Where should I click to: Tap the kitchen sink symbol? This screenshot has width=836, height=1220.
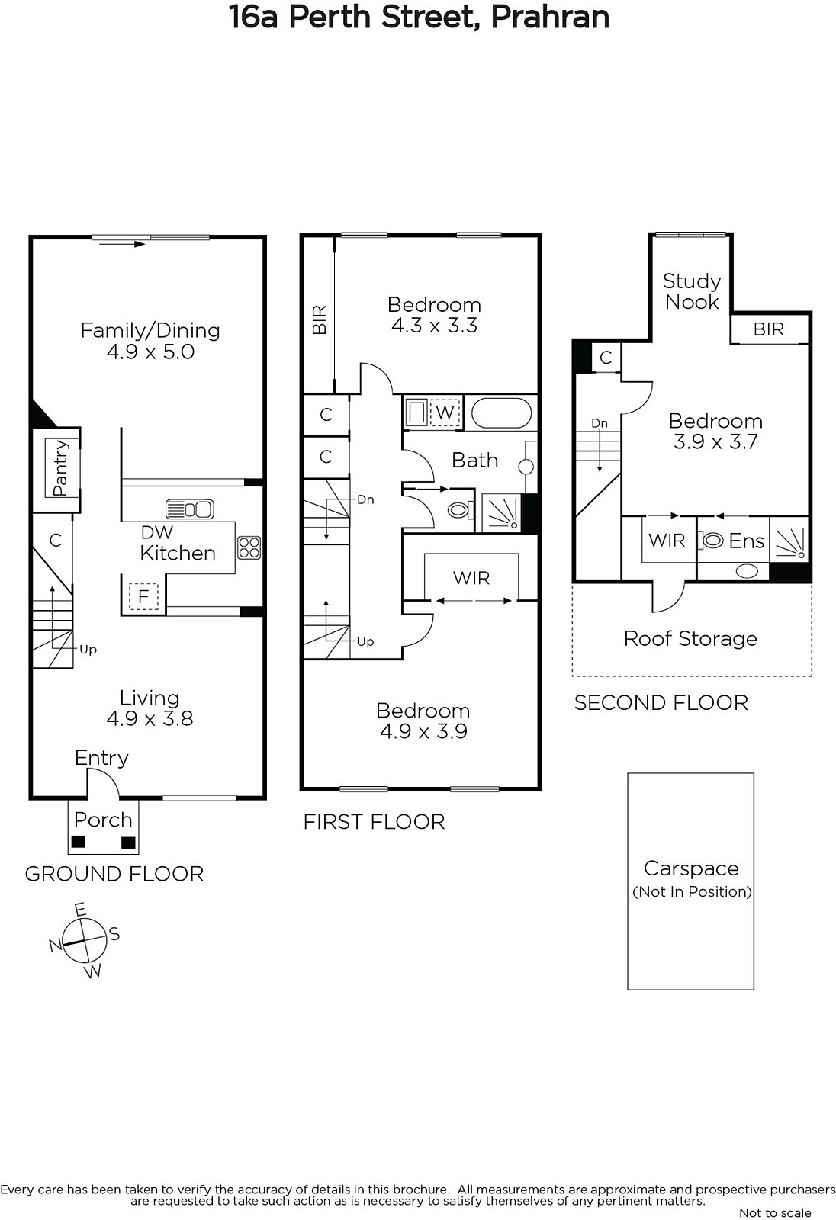190,509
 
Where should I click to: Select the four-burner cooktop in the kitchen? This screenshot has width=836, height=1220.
249,547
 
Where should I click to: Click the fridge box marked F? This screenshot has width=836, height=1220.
143,596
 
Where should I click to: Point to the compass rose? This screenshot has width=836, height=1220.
85,940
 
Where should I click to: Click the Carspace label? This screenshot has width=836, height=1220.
691,868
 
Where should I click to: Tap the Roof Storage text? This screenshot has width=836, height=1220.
690,639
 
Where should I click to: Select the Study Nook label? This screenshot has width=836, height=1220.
692,291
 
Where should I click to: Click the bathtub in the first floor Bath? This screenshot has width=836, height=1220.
501,413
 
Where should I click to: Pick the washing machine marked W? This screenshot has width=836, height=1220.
445,413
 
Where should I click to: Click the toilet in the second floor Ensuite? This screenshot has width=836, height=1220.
713,541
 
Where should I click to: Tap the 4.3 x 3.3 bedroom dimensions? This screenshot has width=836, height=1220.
434,326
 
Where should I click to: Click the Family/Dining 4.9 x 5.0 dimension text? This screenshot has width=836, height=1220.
150,352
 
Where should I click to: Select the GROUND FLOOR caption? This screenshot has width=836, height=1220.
114,874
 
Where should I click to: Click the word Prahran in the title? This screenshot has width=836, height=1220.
550,17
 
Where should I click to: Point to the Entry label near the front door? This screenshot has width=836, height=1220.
101,758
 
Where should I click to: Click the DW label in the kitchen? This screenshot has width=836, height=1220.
157,532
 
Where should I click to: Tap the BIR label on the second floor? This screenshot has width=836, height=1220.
768,329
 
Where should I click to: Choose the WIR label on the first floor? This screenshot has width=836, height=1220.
471,578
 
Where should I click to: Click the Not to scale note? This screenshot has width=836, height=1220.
775,1212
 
